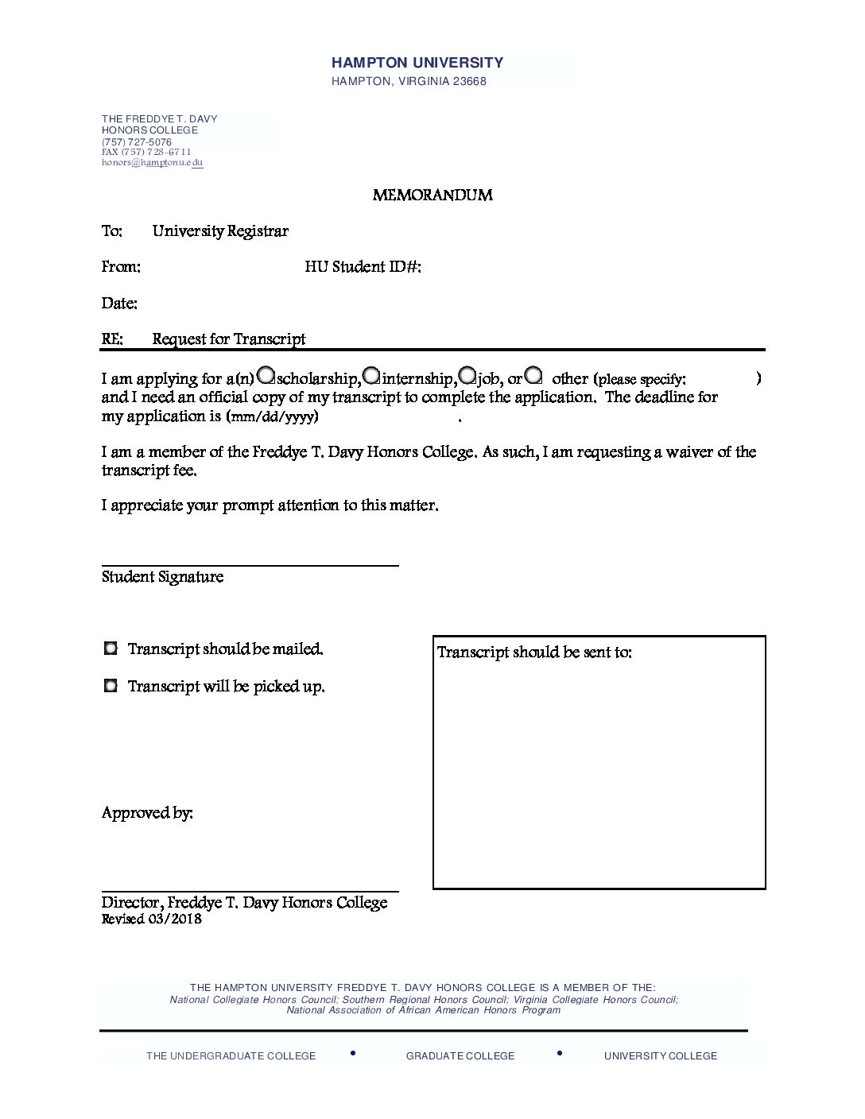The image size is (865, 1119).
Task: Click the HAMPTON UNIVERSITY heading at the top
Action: (417, 63)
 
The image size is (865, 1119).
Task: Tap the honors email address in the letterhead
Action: (152, 163)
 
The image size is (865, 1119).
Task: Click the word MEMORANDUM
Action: (432, 196)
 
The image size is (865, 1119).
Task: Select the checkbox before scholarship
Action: (267, 374)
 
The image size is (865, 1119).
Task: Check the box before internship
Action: (371, 374)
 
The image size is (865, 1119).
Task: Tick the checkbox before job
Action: (467, 374)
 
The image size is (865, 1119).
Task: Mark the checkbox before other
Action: (533, 374)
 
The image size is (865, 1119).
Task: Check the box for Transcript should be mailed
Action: (111, 649)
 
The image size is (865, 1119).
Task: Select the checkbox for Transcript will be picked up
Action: (111, 685)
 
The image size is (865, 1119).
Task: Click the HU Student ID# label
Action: (363, 267)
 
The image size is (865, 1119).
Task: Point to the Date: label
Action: (119, 304)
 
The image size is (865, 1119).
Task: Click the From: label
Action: (121, 267)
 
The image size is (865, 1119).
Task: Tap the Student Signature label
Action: (162, 577)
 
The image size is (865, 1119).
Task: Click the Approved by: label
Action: (147, 813)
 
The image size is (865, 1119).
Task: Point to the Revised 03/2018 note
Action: (151, 920)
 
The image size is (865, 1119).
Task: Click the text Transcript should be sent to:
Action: (534, 652)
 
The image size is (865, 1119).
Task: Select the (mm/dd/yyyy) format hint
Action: (273, 416)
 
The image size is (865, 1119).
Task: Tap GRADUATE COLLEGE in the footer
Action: (460, 1056)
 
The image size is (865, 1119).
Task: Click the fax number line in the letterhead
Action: (146, 152)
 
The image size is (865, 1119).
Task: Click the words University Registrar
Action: (220, 231)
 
